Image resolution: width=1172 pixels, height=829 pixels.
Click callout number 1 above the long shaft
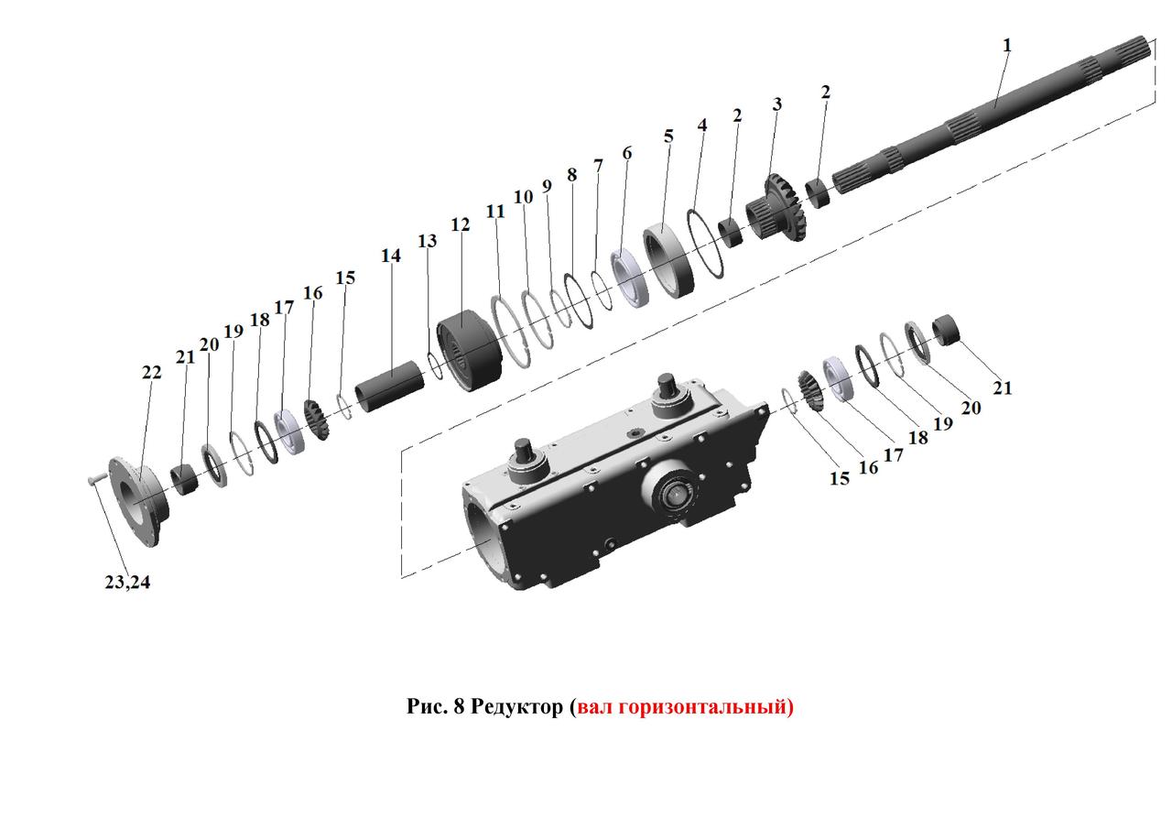click(1007, 46)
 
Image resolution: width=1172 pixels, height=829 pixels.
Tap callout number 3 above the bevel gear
click(777, 104)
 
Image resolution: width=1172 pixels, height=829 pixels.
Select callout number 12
click(461, 224)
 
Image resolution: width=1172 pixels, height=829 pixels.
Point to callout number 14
click(391, 256)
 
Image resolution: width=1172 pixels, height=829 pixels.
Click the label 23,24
click(127, 583)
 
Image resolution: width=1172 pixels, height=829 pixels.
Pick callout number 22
click(152, 373)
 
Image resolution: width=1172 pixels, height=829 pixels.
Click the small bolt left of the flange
click(97, 479)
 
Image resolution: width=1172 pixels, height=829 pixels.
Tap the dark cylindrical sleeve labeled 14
click(390, 387)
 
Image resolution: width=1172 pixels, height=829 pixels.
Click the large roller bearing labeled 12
click(470, 351)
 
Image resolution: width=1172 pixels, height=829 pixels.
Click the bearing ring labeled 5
click(668, 261)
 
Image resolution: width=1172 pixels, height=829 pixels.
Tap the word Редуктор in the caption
click(517, 706)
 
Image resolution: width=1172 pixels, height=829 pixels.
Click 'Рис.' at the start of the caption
click(428, 706)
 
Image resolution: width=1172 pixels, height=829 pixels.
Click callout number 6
click(627, 153)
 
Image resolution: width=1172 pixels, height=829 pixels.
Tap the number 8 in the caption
click(459, 706)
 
